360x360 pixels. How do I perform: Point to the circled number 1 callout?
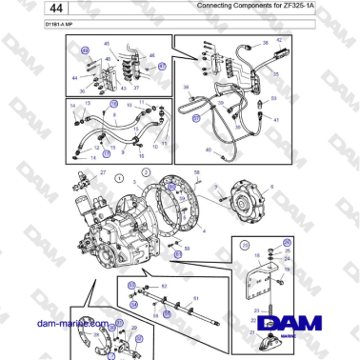[x=118, y=177]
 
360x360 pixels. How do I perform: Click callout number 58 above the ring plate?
[x=197, y=170]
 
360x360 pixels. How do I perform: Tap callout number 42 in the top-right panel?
[x=279, y=40]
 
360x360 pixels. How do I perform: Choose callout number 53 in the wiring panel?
[x=274, y=97]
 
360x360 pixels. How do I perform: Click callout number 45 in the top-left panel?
[x=105, y=44]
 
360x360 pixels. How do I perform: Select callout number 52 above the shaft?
[x=163, y=285]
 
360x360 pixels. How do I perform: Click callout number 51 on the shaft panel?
[x=195, y=299]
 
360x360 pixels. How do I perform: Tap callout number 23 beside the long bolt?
[x=257, y=310]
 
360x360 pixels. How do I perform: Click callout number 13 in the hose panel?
[x=89, y=101]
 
